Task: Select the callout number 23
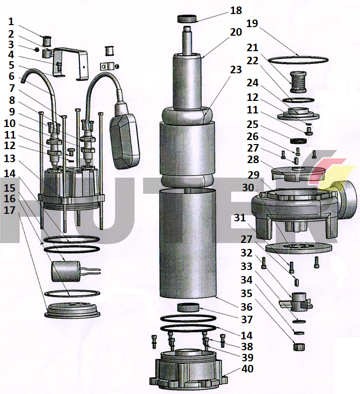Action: point(236,70)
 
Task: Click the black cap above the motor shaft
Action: point(187,19)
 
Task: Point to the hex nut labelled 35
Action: point(299,346)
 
